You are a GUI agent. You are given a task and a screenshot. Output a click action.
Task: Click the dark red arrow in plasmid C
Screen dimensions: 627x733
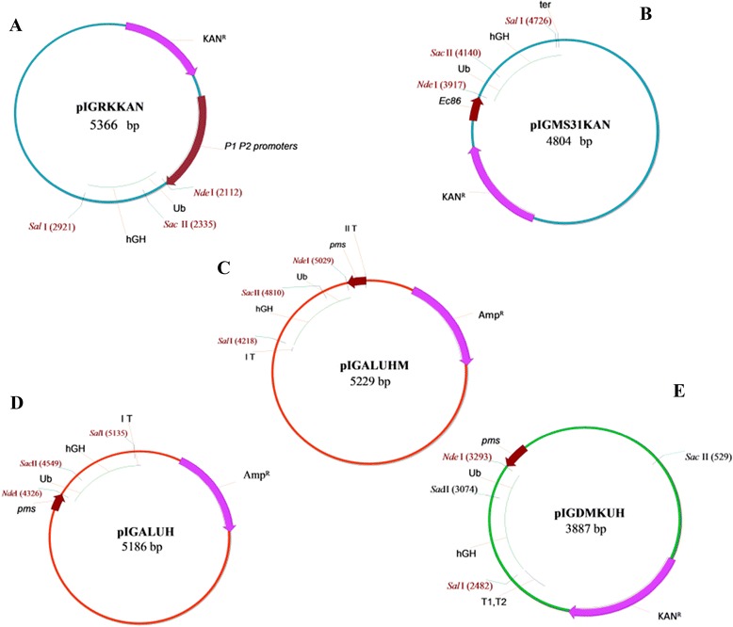click(356, 281)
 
